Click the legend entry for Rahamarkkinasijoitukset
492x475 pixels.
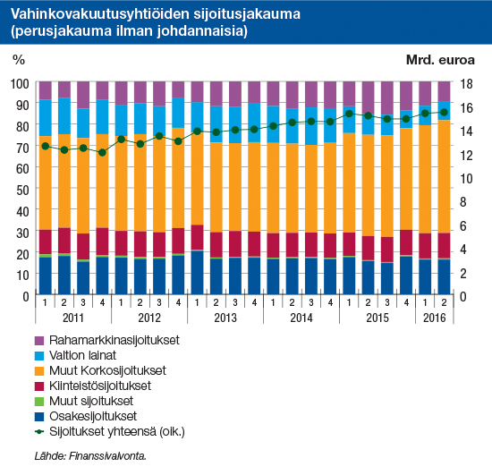tap(107, 341)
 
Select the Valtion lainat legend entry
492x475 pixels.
tap(75, 355)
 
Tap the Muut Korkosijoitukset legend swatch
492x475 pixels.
tap(39, 371)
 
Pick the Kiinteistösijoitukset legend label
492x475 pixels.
tap(100, 386)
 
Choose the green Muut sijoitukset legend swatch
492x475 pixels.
tap(39, 402)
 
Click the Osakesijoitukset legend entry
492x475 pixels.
tap(86, 416)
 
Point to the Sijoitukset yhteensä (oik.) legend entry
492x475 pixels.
tap(109, 432)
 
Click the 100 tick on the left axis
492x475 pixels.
tap(20, 84)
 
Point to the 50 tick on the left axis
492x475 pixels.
tap(22, 191)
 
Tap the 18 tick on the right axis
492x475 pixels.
tap(466, 84)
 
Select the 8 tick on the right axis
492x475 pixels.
tap(463, 202)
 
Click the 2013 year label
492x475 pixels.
tap(225, 318)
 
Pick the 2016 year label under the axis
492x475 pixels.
tap(434, 318)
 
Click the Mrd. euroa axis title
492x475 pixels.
tap(440, 60)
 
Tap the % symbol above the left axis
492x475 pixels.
tap(19, 59)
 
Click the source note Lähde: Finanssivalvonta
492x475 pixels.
tap(90, 456)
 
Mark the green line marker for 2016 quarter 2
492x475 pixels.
tap(444, 112)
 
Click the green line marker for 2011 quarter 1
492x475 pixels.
tap(46, 146)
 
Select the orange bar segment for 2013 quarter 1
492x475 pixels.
tap(197, 179)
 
